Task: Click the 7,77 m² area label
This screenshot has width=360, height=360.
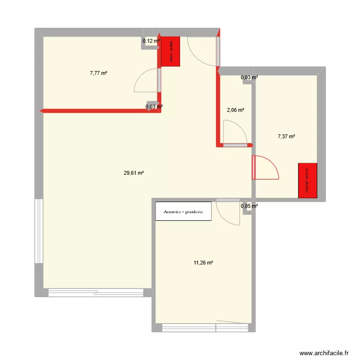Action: pyautogui.click(x=98, y=73)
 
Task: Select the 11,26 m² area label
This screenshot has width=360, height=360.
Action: pyautogui.click(x=203, y=263)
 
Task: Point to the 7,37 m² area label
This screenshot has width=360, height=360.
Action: pyautogui.click(x=286, y=136)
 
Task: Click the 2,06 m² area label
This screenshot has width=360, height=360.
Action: pyautogui.click(x=235, y=110)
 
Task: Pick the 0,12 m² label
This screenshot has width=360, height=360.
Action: pyautogui.click(x=151, y=41)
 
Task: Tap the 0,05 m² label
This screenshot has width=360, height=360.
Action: pyautogui.click(x=249, y=206)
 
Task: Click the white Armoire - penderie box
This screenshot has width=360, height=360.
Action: pyautogui.click(x=183, y=211)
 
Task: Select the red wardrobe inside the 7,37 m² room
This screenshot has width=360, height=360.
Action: pyautogui.click(x=308, y=180)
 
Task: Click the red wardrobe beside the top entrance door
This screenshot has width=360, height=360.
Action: pyautogui.click(x=170, y=51)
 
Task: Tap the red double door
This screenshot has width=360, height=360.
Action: pyautogui.click(x=264, y=167)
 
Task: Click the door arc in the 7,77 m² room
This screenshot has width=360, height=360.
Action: pyautogui.click(x=145, y=80)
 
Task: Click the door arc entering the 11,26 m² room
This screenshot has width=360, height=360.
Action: pyautogui.click(x=228, y=213)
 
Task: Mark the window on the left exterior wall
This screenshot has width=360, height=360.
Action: pyautogui.click(x=39, y=231)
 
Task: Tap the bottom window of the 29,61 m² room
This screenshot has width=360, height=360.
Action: pyautogui.click(x=96, y=291)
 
